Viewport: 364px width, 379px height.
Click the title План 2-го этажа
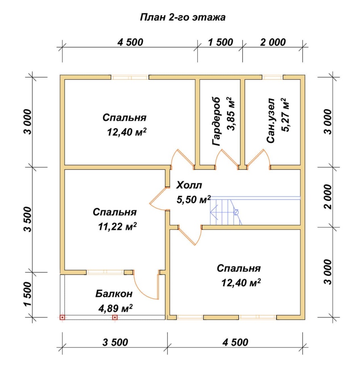coord(182,17)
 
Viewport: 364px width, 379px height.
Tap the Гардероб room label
coord(216,122)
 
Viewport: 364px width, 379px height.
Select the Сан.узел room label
coord(271,121)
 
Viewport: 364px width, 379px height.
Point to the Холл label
coord(189,185)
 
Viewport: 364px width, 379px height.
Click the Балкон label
coord(114,294)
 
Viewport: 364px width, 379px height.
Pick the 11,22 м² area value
coord(117,227)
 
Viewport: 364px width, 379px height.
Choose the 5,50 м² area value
coord(194,200)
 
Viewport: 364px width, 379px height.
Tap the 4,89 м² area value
coord(115,309)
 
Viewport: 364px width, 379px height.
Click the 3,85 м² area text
coord(231,114)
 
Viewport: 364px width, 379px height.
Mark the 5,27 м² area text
coord(285,114)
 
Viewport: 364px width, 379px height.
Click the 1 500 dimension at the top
coord(220,42)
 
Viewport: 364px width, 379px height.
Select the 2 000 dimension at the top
coord(273,42)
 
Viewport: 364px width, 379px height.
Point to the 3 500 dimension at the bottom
coord(115,342)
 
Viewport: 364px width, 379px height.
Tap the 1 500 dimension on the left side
coord(28,294)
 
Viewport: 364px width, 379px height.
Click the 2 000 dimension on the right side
coord(328,197)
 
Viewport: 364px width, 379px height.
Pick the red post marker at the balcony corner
coord(62,317)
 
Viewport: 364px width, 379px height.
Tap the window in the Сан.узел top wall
coord(273,77)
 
